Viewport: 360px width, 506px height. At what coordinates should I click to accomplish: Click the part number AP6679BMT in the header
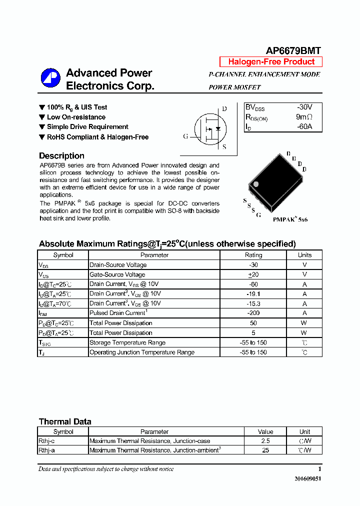[x=293, y=50]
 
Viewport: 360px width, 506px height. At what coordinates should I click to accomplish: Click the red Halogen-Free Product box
[x=271, y=62]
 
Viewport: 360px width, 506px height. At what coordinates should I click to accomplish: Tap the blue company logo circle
[x=50, y=78]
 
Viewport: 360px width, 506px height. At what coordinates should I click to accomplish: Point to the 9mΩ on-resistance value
[x=304, y=117]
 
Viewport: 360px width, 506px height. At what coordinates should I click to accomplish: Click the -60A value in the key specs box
[x=304, y=126]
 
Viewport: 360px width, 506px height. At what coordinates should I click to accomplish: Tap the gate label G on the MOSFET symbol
[x=185, y=136]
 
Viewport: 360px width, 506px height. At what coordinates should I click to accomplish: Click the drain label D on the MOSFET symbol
[x=224, y=109]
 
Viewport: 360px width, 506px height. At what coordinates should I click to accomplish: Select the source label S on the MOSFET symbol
[x=224, y=147]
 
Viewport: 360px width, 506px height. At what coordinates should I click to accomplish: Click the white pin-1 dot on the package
[x=256, y=184]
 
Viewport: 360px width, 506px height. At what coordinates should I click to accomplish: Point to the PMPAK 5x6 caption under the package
[x=290, y=219]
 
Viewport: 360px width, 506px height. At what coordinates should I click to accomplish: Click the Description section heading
[x=61, y=156]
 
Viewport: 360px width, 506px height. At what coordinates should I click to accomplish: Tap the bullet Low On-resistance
[x=76, y=117]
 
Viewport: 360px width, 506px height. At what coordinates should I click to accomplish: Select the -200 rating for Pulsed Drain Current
[x=253, y=313]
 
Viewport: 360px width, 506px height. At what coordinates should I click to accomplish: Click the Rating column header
[x=253, y=255]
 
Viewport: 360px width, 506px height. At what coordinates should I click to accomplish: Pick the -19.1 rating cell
[x=253, y=294]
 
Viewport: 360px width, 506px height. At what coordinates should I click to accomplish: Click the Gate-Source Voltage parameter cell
[x=117, y=274]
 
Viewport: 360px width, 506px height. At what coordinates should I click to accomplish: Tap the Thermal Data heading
[x=65, y=421]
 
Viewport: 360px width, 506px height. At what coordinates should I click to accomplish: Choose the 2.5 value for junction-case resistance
[x=265, y=441]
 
